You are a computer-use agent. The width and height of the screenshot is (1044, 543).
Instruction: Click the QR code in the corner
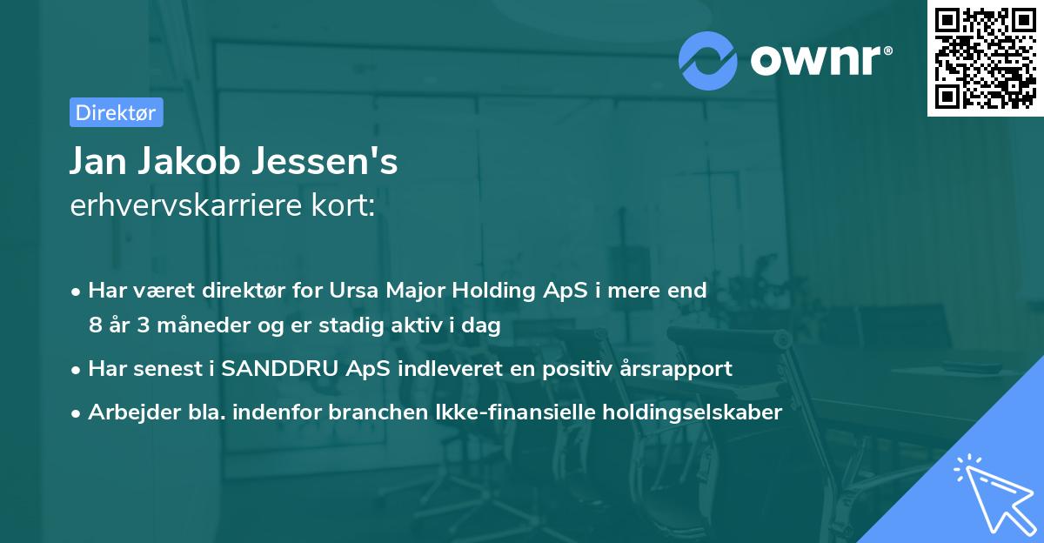click(x=985, y=58)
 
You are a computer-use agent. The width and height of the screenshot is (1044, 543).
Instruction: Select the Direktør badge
click(x=116, y=112)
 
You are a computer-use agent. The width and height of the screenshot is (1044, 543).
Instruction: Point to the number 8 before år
click(x=95, y=325)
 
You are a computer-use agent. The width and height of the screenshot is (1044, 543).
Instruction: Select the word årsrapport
click(x=679, y=369)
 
